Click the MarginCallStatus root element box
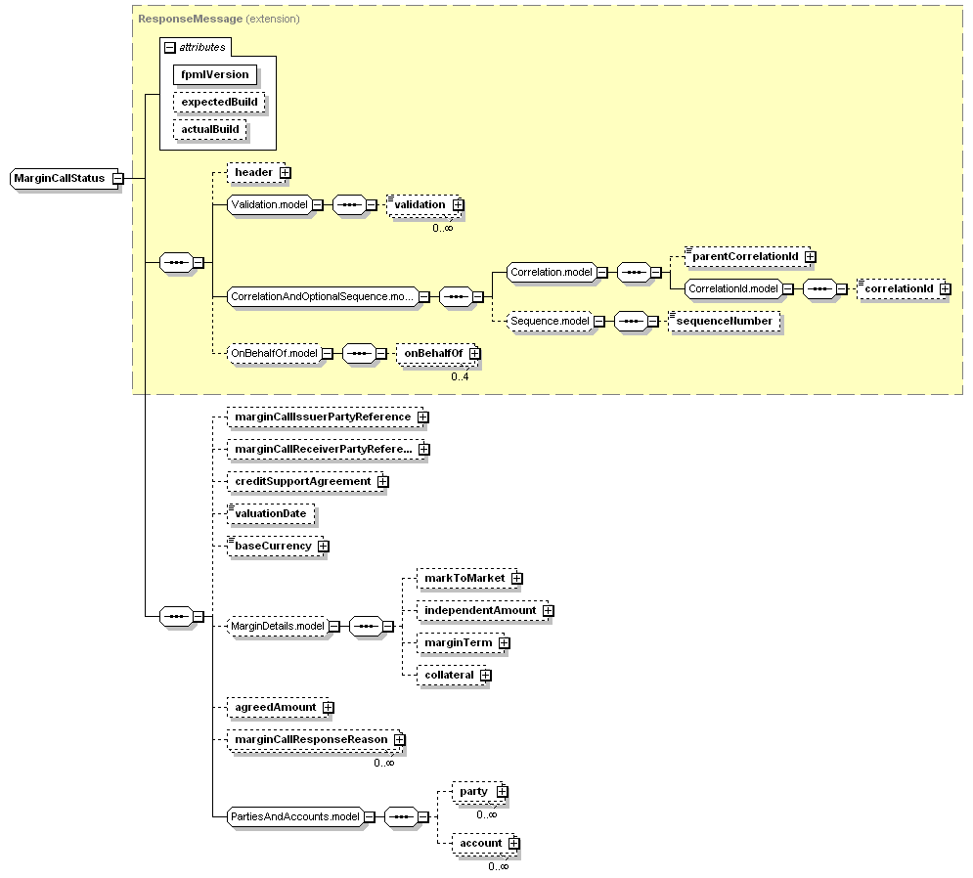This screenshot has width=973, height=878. (60, 178)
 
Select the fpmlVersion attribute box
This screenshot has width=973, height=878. (215, 74)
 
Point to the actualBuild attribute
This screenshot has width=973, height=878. (209, 129)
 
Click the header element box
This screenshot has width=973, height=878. (253, 172)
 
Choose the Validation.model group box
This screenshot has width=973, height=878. (268, 204)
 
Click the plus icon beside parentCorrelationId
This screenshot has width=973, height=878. (811, 257)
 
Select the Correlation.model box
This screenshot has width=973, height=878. (551, 273)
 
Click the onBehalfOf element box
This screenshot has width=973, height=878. (432, 353)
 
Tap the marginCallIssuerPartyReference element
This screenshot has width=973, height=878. (322, 417)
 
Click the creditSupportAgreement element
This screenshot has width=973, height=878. (302, 481)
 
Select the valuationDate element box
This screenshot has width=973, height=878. (270, 513)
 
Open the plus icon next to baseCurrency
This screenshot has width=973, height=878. (323, 547)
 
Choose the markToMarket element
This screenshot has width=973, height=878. (464, 578)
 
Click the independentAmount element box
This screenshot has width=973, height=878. (479, 610)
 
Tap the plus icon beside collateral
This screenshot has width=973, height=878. (485, 675)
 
